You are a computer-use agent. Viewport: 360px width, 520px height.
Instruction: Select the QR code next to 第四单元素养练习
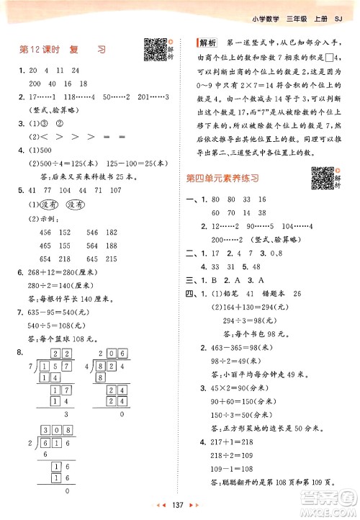pos(323,176)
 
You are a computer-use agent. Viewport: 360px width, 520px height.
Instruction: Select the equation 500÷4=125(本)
pos(63,163)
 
